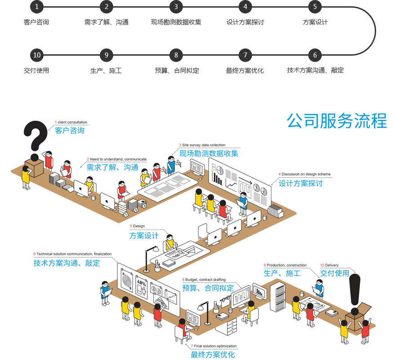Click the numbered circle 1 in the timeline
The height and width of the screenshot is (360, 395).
[37, 7]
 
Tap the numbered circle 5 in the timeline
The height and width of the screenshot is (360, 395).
[315, 7]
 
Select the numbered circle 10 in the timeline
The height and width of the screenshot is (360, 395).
[37, 55]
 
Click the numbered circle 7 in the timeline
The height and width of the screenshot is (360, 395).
[245, 55]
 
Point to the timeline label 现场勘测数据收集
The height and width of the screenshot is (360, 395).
[176, 22]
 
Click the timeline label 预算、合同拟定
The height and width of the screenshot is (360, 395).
[177, 70]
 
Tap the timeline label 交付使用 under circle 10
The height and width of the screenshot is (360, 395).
[36, 70]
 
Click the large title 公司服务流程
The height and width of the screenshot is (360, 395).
[337, 121]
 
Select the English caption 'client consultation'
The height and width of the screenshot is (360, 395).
[72, 122]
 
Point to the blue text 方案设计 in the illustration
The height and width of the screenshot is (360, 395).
[144, 235]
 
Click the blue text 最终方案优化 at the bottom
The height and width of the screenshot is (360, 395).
[213, 355]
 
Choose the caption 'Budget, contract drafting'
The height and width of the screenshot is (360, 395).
[205, 280]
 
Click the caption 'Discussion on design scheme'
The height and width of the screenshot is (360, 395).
[306, 174]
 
